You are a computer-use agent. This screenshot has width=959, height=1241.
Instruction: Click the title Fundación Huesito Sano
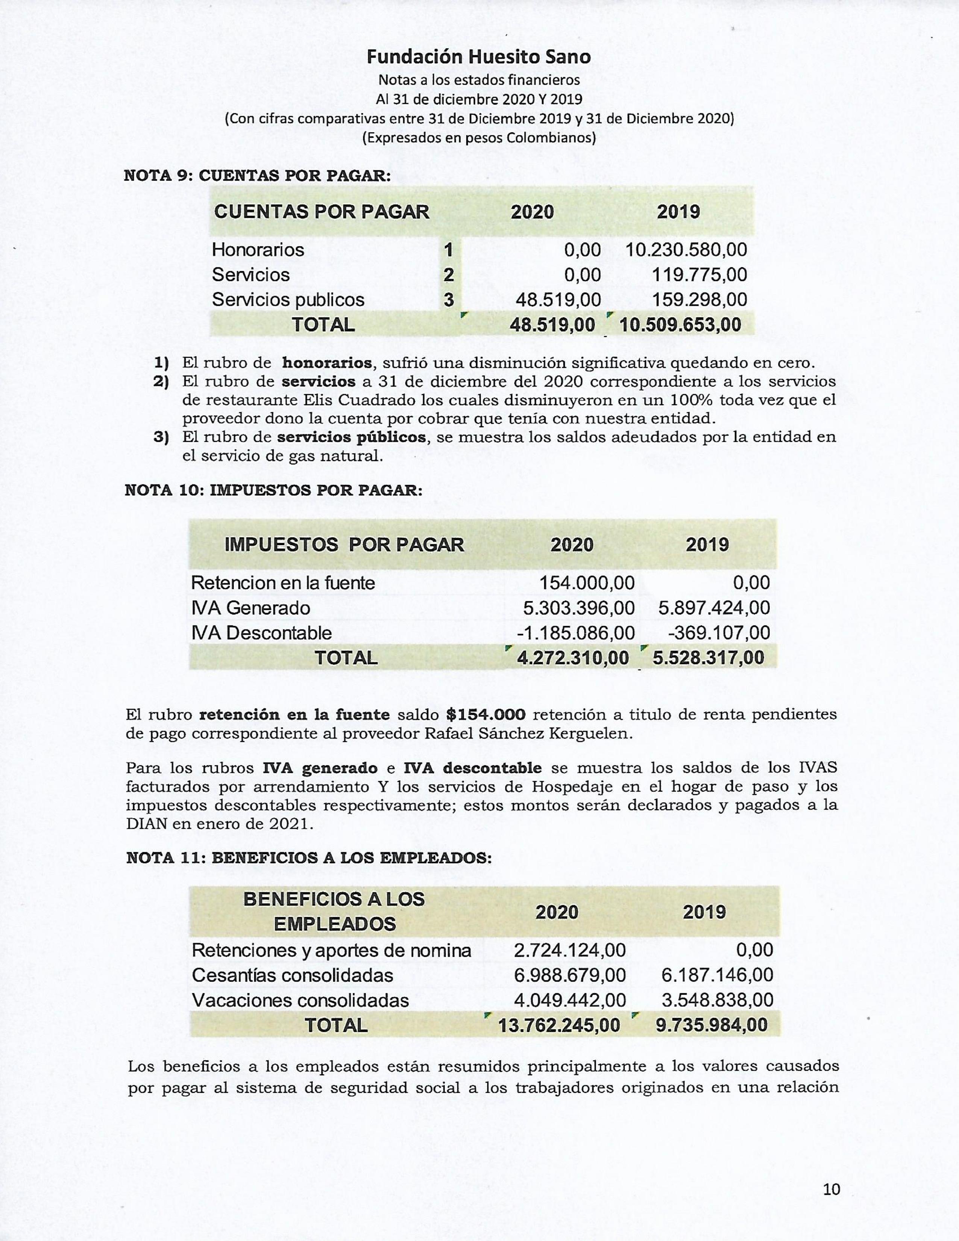point(478,57)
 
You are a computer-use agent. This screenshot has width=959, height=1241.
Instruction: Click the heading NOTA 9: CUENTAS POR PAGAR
point(257,176)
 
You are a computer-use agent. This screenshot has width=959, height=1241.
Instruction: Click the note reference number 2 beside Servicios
point(448,275)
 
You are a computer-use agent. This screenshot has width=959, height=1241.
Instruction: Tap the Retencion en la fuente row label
point(283,583)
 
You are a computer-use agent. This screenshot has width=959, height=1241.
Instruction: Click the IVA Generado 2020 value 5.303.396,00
point(578,608)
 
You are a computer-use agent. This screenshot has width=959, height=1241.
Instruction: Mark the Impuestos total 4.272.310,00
point(573,658)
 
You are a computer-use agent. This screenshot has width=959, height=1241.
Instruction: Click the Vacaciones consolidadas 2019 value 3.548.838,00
point(717,1000)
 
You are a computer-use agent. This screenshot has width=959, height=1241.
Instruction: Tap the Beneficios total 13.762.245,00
point(559,1026)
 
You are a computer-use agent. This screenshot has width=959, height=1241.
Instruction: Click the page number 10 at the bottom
point(831,1186)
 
